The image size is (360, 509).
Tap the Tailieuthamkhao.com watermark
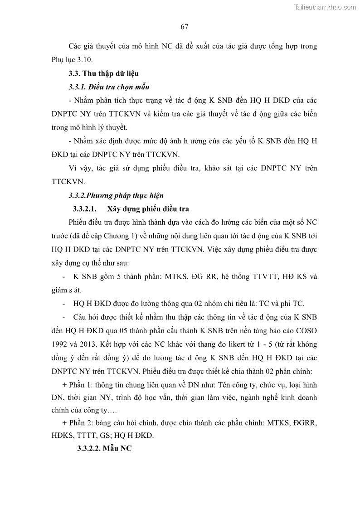[326, 7]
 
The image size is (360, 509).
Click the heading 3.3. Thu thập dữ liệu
[103, 73]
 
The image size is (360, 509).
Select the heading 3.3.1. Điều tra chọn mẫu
[108, 87]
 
